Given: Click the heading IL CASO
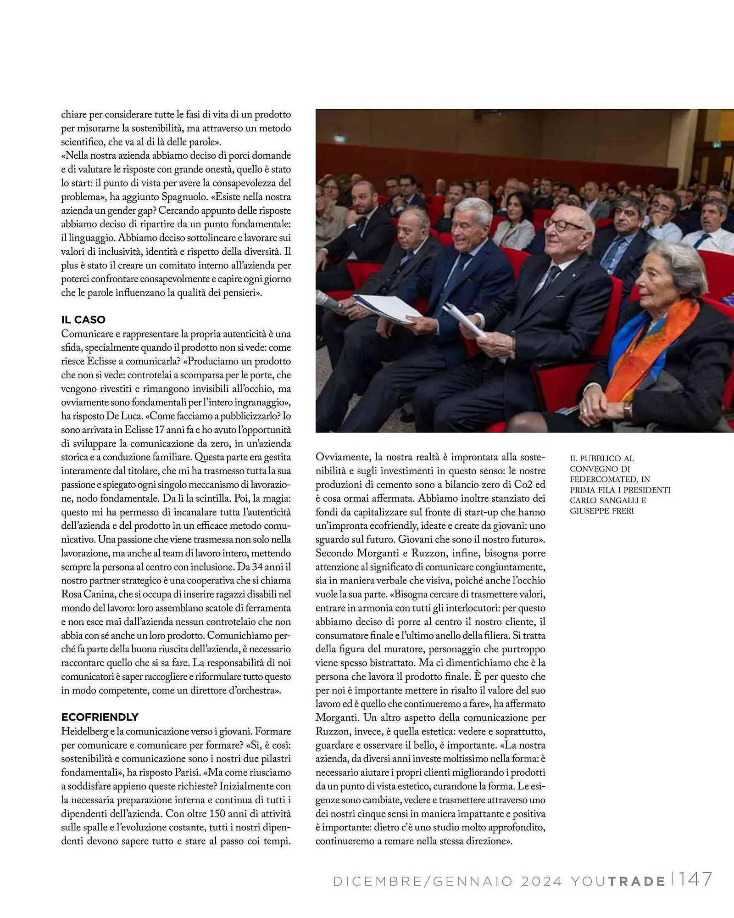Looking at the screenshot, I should click(83, 319).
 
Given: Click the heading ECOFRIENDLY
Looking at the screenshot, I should click(100, 717).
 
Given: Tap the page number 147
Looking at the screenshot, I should click(695, 880).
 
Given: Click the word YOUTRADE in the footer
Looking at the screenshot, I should click(618, 881).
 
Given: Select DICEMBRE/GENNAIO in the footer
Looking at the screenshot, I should click(423, 881).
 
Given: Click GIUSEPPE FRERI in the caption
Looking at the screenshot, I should click(601, 511).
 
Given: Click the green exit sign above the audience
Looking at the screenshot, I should click(339, 138).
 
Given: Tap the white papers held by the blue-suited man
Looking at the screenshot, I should click(388, 308).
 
